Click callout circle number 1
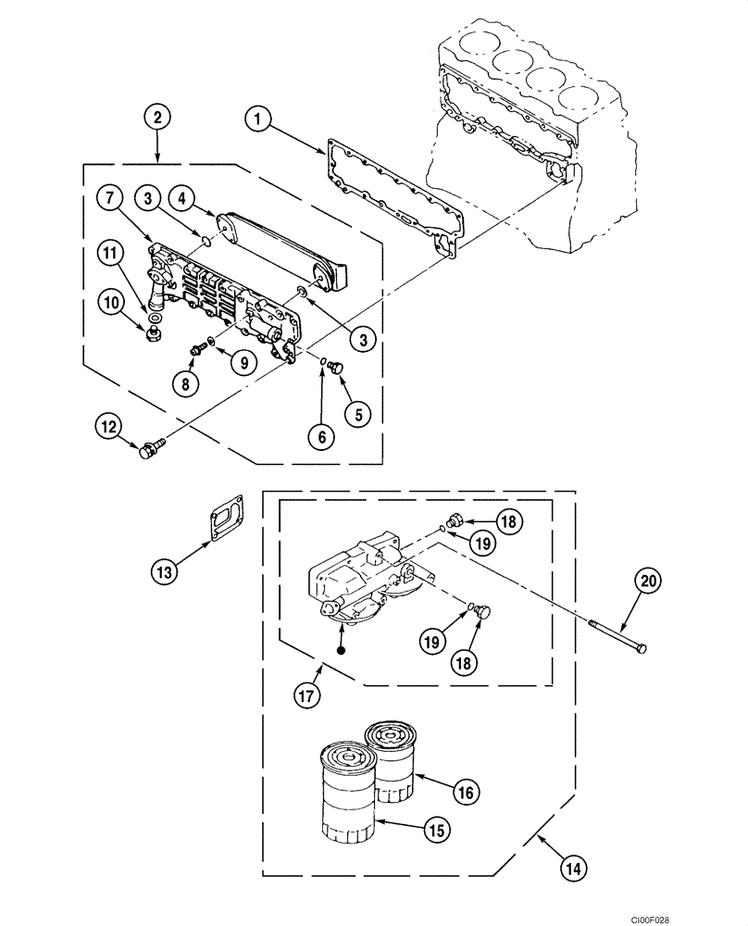[258, 118]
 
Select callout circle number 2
[157, 117]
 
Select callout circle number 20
[647, 581]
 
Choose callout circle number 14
[576, 868]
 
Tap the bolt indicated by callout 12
[150, 451]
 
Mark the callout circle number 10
[111, 302]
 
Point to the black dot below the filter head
[342, 650]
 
